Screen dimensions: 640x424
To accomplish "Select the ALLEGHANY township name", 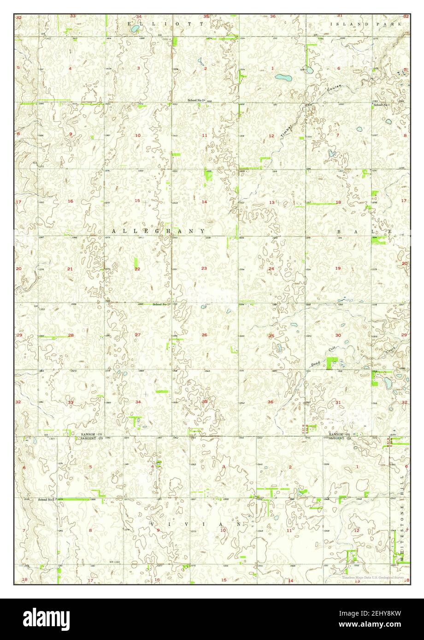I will pyautogui.click(x=158, y=231).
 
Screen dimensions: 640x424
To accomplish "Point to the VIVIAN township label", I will pyautogui.click(x=196, y=524).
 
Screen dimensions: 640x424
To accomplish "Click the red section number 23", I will pyautogui.click(x=204, y=268).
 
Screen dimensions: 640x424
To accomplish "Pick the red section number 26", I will pyautogui.click(x=204, y=335).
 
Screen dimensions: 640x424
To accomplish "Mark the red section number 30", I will pyautogui.click(x=338, y=335).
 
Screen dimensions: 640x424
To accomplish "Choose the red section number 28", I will pyautogui.click(x=71, y=335).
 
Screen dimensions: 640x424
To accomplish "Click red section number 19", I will pyautogui.click(x=338, y=268).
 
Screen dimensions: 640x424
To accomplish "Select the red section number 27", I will pyautogui.click(x=137, y=335).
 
